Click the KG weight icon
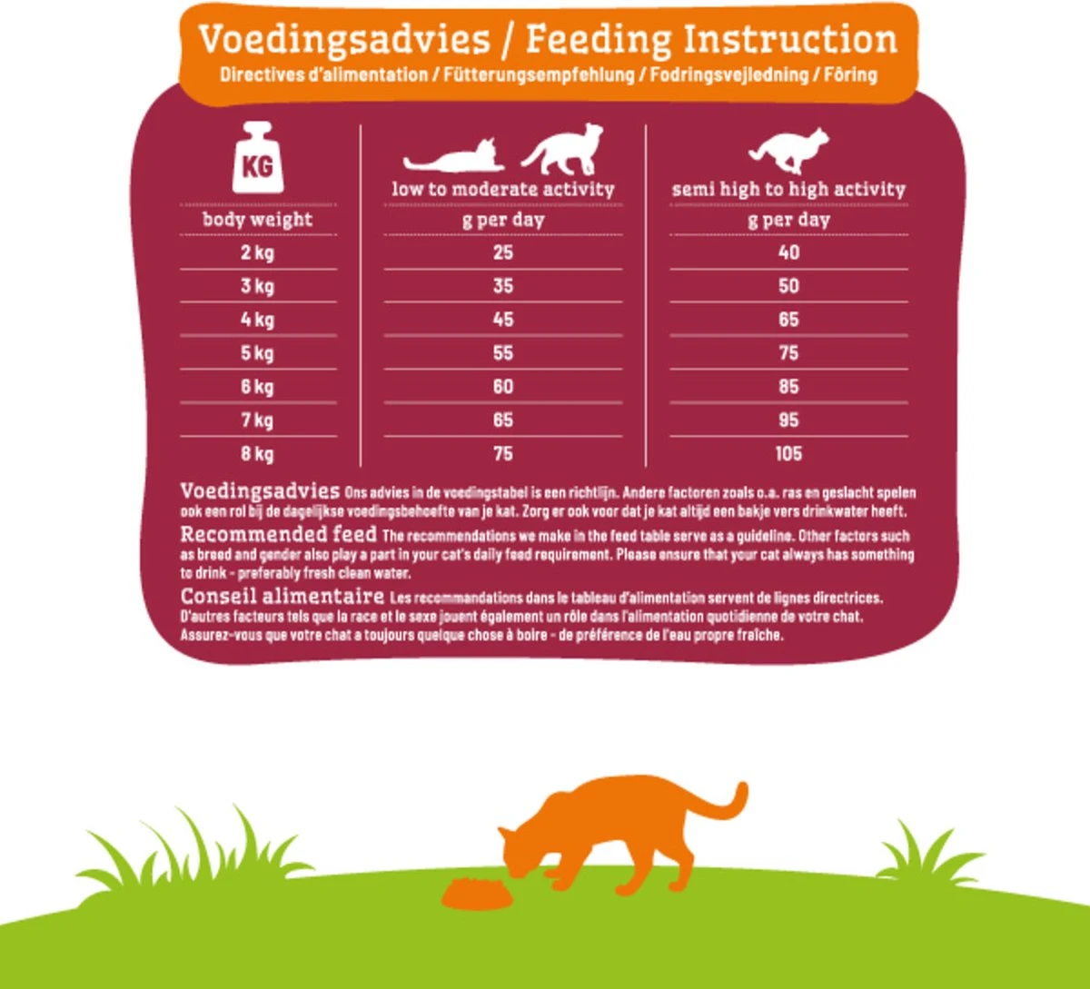(258, 159)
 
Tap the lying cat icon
(453, 158)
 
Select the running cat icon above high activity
(788, 150)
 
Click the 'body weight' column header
(257, 220)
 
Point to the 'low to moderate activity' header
(503, 190)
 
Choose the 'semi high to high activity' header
(788, 190)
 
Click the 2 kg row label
(257, 252)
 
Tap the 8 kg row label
(257, 453)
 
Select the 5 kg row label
(257, 353)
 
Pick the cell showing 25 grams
(503, 252)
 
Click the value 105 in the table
(788, 453)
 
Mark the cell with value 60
(503, 387)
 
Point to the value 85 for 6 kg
(788, 387)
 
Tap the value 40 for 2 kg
(788, 252)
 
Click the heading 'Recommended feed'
(278, 534)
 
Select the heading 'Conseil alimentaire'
(282, 597)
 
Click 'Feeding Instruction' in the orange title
(711, 39)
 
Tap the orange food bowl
(476, 894)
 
